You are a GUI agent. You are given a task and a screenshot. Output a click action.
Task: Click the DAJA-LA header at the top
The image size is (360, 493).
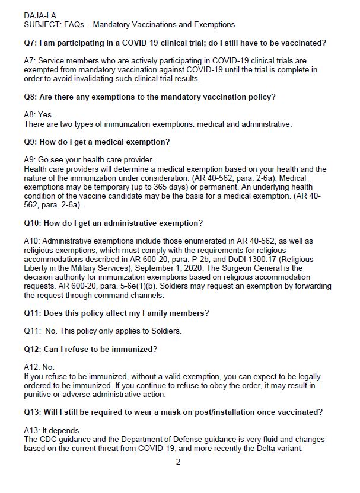point(40,14)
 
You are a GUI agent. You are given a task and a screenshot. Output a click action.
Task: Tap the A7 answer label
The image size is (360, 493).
point(31,61)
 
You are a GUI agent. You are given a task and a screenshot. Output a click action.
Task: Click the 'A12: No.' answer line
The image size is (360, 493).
point(39,367)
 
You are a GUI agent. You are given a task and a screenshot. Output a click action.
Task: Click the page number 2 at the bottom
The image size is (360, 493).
point(178,462)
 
